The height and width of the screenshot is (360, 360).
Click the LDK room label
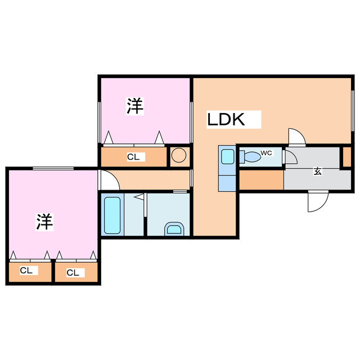(226, 119)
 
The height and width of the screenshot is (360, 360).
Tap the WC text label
(266, 153)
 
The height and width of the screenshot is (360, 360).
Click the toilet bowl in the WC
(250, 157)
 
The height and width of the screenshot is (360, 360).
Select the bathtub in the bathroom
(112, 215)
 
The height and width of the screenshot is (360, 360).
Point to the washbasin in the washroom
(174, 229)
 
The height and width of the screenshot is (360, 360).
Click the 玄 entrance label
(317, 171)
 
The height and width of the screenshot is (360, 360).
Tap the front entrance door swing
(318, 201)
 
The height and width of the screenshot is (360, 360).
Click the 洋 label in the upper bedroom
(135, 106)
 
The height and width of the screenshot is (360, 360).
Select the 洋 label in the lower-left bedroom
(45, 222)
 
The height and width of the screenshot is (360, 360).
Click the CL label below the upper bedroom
(133, 157)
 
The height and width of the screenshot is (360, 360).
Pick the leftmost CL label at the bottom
(26, 271)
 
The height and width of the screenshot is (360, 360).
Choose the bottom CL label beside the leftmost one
(73, 273)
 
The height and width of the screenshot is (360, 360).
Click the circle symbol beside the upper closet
(179, 155)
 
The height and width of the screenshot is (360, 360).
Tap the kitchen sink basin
(227, 156)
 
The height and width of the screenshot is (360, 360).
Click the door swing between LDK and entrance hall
(297, 137)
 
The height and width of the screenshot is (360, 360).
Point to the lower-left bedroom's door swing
(109, 180)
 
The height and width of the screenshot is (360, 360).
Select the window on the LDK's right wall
(353, 111)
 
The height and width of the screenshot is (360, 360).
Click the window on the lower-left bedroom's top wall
(53, 169)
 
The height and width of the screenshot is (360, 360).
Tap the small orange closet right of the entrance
(347, 157)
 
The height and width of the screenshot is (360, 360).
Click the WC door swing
(291, 157)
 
